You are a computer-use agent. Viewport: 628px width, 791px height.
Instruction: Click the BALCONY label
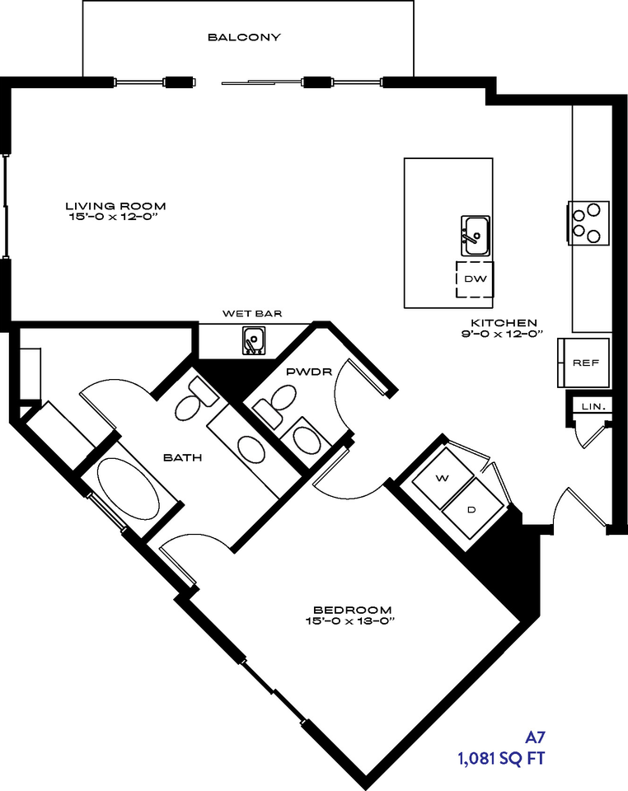pyautogui.click(x=244, y=37)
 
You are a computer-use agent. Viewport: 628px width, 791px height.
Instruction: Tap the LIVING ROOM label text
pyautogui.click(x=115, y=206)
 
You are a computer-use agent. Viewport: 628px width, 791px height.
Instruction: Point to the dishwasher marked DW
pyautogui.click(x=475, y=279)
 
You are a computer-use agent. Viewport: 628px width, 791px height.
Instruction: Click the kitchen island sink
pyautogui.click(x=476, y=236)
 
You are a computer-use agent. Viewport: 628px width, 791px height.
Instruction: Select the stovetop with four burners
pyautogui.click(x=588, y=223)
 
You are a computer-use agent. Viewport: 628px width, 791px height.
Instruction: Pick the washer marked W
pyautogui.click(x=443, y=479)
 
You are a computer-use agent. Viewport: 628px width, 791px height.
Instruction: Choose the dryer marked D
pyautogui.click(x=472, y=508)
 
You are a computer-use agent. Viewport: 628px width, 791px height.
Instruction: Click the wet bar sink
pyautogui.click(x=254, y=340)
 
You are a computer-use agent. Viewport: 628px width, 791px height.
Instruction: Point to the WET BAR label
pyautogui.click(x=252, y=314)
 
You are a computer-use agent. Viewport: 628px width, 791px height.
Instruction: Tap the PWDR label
pyautogui.click(x=309, y=372)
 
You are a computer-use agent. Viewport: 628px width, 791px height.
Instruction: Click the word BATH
pyautogui.click(x=183, y=457)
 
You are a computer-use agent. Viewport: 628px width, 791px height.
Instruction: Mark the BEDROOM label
pyautogui.click(x=352, y=611)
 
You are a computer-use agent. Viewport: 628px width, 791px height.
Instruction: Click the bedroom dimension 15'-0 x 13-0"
pyautogui.click(x=349, y=621)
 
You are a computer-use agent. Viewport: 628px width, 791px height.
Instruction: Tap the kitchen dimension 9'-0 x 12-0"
pyautogui.click(x=502, y=334)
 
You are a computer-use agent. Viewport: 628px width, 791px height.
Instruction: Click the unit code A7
pyautogui.click(x=535, y=737)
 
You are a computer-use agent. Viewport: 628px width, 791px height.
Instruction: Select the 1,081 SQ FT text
pyautogui.click(x=501, y=758)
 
